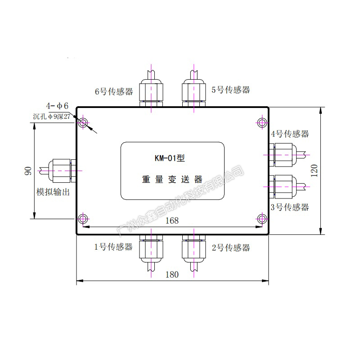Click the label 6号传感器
point(114,91)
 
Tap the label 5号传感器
point(230,90)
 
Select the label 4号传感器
point(290,134)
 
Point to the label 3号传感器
point(290,207)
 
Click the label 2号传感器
point(230,247)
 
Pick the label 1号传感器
point(113,247)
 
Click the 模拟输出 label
point(56,193)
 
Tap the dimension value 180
point(172,274)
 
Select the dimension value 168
point(172,220)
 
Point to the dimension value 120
point(315,171)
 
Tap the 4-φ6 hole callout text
point(57,106)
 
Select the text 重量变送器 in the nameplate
point(172,179)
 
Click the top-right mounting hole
point(262,122)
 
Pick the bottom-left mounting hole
point(83,219)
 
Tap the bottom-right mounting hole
point(262,219)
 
